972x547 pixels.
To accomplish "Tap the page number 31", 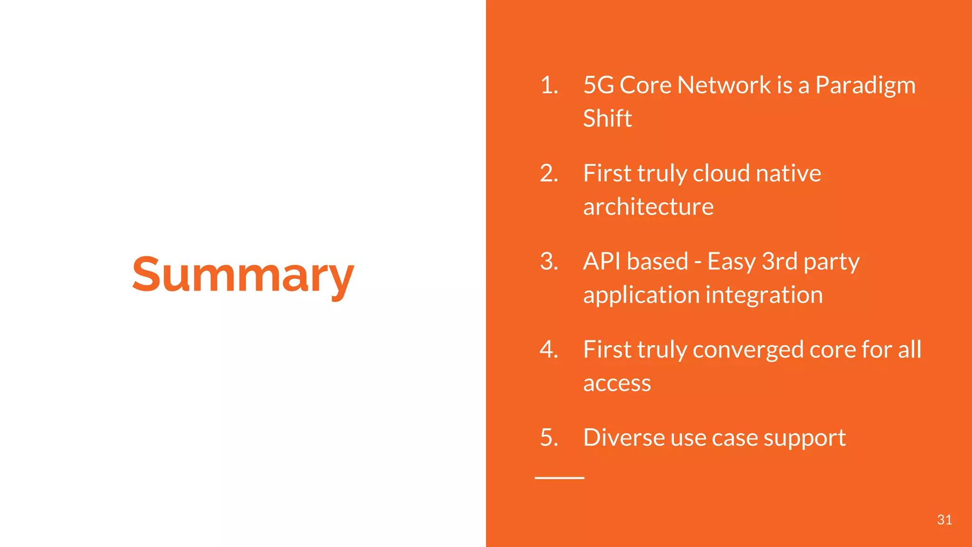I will click(944, 520).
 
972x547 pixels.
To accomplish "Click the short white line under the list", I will click(559, 478).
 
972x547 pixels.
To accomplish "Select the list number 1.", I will click(549, 85).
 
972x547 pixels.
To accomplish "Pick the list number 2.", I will click(549, 173).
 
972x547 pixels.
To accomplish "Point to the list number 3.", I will click(549, 262).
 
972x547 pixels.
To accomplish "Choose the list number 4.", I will click(549, 349).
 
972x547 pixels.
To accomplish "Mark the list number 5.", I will click(549, 437).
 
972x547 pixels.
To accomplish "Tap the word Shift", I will click(607, 118).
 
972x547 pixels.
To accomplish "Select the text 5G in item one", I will click(598, 85).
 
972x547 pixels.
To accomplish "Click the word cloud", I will click(721, 173).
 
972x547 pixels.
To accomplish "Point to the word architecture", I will click(648, 207).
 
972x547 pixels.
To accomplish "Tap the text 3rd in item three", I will click(779, 262).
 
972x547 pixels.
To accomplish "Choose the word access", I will click(617, 384).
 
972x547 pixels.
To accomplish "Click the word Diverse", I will click(623, 437).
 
